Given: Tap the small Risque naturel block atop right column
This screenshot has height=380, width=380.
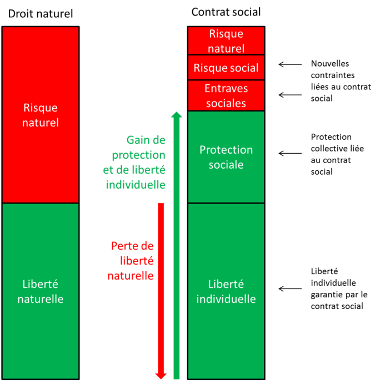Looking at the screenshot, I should click(226, 41).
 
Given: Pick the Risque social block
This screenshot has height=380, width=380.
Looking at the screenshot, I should click(226, 68).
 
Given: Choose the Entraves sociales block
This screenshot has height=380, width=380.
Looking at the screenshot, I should click(226, 95).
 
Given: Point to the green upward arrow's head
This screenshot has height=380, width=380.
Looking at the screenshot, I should click(177, 115).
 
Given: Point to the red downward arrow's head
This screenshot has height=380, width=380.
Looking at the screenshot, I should click(161, 376).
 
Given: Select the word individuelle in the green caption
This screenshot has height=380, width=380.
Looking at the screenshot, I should click(136, 184).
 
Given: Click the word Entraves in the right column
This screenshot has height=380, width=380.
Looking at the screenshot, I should click(226, 89).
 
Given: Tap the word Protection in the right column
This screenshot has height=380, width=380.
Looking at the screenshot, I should click(226, 150).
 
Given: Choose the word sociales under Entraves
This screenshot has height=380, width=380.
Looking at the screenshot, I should click(226, 103).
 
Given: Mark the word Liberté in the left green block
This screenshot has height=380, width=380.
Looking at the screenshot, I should click(40, 284).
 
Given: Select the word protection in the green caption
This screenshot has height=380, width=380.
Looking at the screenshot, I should click(138, 155).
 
